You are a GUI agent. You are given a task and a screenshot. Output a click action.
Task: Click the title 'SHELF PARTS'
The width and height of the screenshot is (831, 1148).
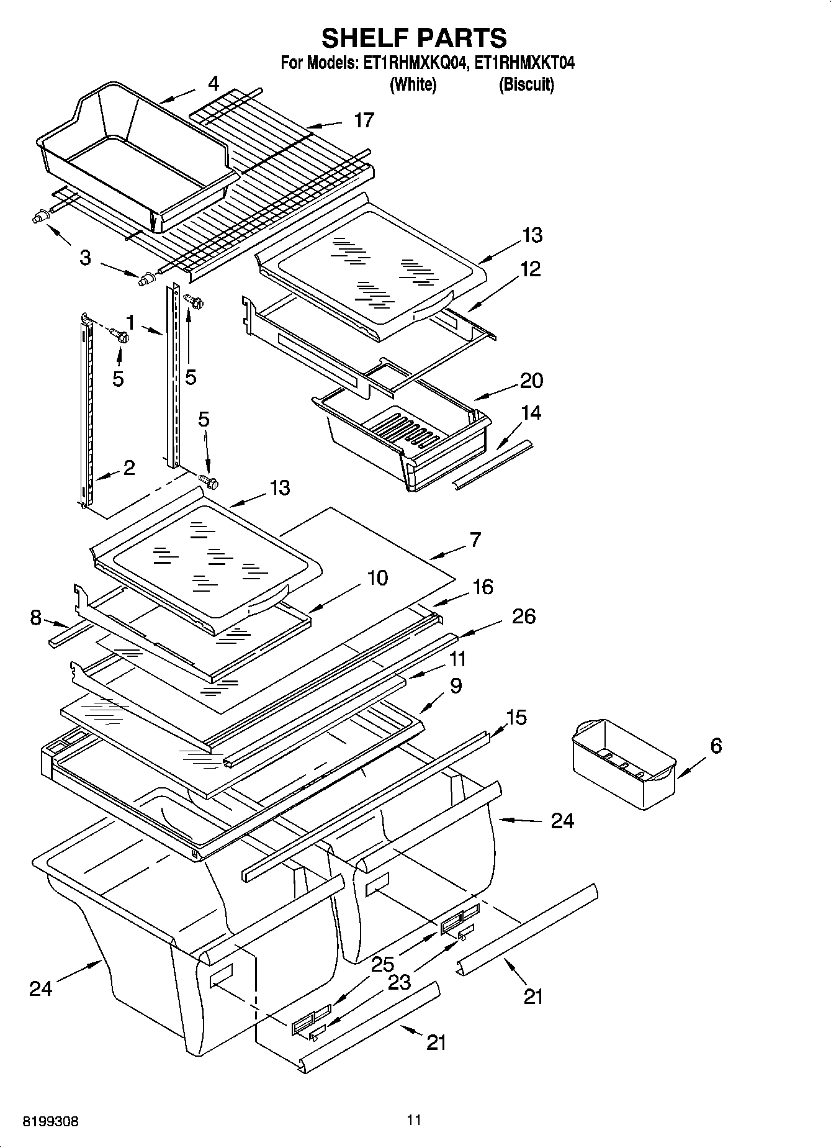pyautogui.click(x=414, y=38)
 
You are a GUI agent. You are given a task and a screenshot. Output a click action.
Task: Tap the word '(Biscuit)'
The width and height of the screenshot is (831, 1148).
pyautogui.click(x=526, y=84)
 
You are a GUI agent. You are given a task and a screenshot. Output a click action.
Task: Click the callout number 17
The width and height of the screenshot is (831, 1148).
pyautogui.click(x=364, y=120)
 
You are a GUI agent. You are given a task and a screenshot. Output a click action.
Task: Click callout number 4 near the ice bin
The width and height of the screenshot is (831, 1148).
pyautogui.click(x=213, y=83)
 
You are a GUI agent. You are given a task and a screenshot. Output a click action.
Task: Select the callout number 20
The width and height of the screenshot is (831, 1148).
pyautogui.click(x=531, y=380)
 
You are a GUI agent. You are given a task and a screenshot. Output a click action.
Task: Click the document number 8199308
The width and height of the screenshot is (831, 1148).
pyautogui.click(x=51, y=1121)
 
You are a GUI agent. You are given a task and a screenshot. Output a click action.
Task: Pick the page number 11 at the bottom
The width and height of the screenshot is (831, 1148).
pyautogui.click(x=415, y=1119)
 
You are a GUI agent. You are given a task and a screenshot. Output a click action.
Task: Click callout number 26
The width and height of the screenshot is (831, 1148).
pyautogui.click(x=523, y=616)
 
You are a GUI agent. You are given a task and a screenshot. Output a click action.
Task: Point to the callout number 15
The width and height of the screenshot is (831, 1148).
pyautogui.click(x=516, y=717)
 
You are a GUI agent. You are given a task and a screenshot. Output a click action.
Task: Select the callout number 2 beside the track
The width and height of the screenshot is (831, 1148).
pyautogui.click(x=128, y=468)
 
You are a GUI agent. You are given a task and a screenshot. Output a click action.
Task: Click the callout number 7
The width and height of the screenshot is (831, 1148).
pyautogui.click(x=475, y=540)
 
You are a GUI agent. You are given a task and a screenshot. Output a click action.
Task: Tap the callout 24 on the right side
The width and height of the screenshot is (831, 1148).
pyautogui.click(x=562, y=821)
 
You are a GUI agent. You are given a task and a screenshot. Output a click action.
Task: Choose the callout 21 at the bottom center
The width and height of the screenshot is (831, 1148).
pyautogui.click(x=436, y=1042)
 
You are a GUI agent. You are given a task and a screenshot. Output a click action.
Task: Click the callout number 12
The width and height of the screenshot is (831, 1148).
pyautogui.click(x=530, y=269)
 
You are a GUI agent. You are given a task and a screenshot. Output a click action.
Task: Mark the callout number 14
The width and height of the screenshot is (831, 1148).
pyautogui.click(x=531, y=412)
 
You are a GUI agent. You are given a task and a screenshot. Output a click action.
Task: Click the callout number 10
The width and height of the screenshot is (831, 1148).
pyautogui.click(x=377, y=577)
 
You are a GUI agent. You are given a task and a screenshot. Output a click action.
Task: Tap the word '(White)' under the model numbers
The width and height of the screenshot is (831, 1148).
pyautogui.click(x=413, y=84)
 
